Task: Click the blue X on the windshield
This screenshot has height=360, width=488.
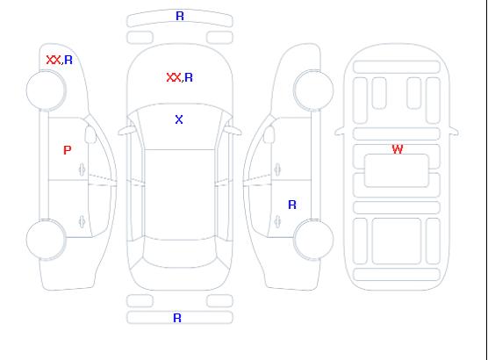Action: coord(179,119)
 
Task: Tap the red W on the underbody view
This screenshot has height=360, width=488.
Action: coord(398,149)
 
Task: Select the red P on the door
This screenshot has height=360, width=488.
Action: coord(68,150)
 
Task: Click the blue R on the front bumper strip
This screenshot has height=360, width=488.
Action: coord(180,16)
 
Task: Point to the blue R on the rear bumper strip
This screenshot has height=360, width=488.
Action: coord(177,318)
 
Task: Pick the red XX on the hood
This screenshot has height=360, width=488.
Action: coord(174,77)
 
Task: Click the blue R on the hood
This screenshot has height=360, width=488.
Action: coord(189,77)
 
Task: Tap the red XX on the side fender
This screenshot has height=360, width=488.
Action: coord(54,60)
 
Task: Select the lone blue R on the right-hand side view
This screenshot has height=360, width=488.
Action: coord(292,205)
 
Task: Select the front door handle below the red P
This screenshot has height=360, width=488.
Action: coord(82,169)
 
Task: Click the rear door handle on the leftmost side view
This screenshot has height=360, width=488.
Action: coord(82,221)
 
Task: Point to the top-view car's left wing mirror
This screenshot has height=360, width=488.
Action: coord(126,131)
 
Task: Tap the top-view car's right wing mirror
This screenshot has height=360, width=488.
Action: coord(233,131)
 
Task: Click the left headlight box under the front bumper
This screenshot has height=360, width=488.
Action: coord(140,38)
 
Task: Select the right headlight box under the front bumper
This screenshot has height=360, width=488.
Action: coord(219,38)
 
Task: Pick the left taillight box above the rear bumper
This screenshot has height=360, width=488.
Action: coord(140,301)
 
